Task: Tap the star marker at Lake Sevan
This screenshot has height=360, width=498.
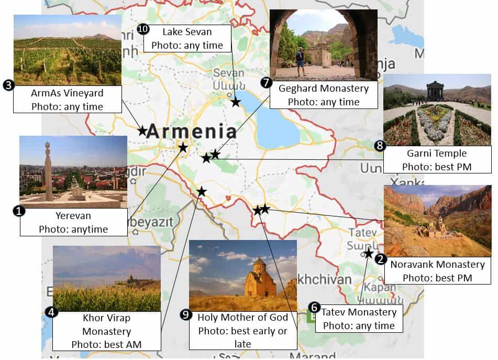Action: [x=236, y=102]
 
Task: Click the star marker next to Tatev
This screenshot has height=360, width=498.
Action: [x=369, y=254]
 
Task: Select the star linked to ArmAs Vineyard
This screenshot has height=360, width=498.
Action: [x=142, y=130]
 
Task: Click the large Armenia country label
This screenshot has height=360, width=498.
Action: [x=191, y=131]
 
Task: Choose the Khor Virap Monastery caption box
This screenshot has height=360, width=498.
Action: [x=106, y=331]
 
